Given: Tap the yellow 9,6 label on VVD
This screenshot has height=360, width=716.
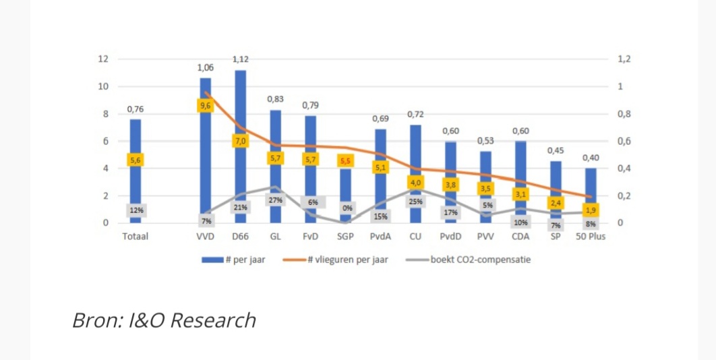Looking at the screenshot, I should point(205,106).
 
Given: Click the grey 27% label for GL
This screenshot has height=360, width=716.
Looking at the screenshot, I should point(275,200).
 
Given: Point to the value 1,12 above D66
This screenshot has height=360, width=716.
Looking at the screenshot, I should point(241,59).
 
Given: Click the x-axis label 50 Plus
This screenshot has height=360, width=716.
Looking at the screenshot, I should point(591,237).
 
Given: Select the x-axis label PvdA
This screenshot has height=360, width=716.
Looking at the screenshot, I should point(380,237).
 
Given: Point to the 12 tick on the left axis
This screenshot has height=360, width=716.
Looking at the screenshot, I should point(103,59).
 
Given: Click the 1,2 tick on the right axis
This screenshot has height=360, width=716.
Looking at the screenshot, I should point(624,59).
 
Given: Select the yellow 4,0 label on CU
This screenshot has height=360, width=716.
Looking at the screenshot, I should point(416,182).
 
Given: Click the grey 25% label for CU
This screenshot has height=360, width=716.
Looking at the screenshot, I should point(416,202).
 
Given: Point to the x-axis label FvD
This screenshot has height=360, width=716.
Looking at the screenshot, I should point(311,237).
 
